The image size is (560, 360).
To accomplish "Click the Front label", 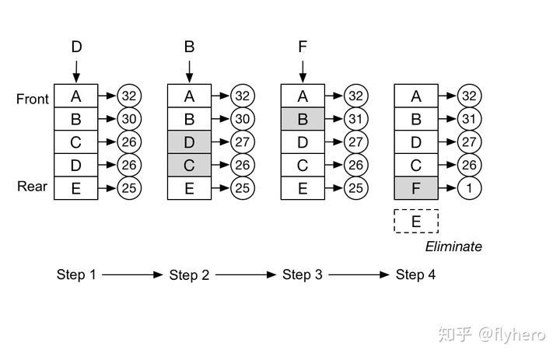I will [x=33, y=99].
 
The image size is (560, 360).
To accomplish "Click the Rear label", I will [x=33, y=187].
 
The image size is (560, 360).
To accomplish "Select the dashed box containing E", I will [x=416, y=222].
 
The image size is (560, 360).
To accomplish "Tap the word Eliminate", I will [x=453, y=246].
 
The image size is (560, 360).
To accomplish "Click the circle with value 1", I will [x=469, y=187].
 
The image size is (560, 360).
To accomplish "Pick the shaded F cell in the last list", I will [x=416, y=187].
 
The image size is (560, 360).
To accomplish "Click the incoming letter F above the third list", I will [x=303, y=47].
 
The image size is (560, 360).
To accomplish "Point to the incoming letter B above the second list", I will [x=189, y=47].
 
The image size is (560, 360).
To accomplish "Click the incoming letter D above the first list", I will [x=76, y=47].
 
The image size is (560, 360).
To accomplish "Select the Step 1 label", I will [x=75, y=274].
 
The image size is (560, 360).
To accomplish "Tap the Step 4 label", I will [x=415, y=274].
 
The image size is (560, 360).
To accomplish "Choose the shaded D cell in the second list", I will [x=189, y=142].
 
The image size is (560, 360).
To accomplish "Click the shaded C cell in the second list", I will [x=189, y=165].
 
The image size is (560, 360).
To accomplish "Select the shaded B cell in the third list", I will [x=303, y=120].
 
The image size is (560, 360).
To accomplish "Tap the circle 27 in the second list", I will [x=243, y=142].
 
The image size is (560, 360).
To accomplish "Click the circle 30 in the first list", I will [x=129, y=120].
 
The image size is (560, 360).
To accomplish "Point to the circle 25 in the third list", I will [x=355, y=187].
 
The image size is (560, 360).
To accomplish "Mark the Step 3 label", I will [x=302, y=274].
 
